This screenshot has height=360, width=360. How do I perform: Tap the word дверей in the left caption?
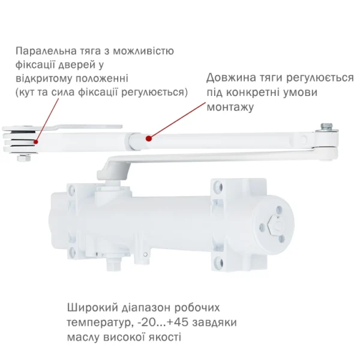76,65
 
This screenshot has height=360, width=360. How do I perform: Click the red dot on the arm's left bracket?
37,142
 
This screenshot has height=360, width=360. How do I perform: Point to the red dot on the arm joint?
148,138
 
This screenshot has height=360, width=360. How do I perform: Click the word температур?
100,323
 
